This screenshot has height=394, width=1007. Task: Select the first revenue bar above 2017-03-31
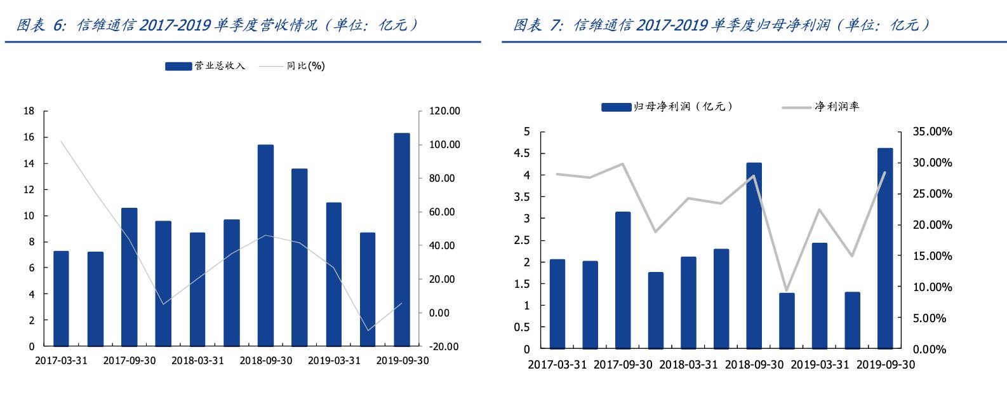click(61, 299)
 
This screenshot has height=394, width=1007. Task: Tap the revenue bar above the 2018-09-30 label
click(265, 245)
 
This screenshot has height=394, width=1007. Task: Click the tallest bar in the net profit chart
click(885, 248)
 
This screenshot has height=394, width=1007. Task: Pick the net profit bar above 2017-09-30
click(623, 280)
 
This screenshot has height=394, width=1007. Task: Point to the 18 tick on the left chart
click(29, 111)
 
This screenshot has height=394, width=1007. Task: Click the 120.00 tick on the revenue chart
click(444, 111)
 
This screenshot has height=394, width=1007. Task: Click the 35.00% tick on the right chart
click(928, 132)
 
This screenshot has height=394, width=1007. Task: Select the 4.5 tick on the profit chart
click(522, 153)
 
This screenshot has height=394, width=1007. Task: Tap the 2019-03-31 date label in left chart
click(334, 360)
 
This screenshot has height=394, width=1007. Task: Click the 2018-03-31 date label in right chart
click(688, 365)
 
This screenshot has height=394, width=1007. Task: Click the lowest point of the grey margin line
click(787, 290)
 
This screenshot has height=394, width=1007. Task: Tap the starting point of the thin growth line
click(61, 141)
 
